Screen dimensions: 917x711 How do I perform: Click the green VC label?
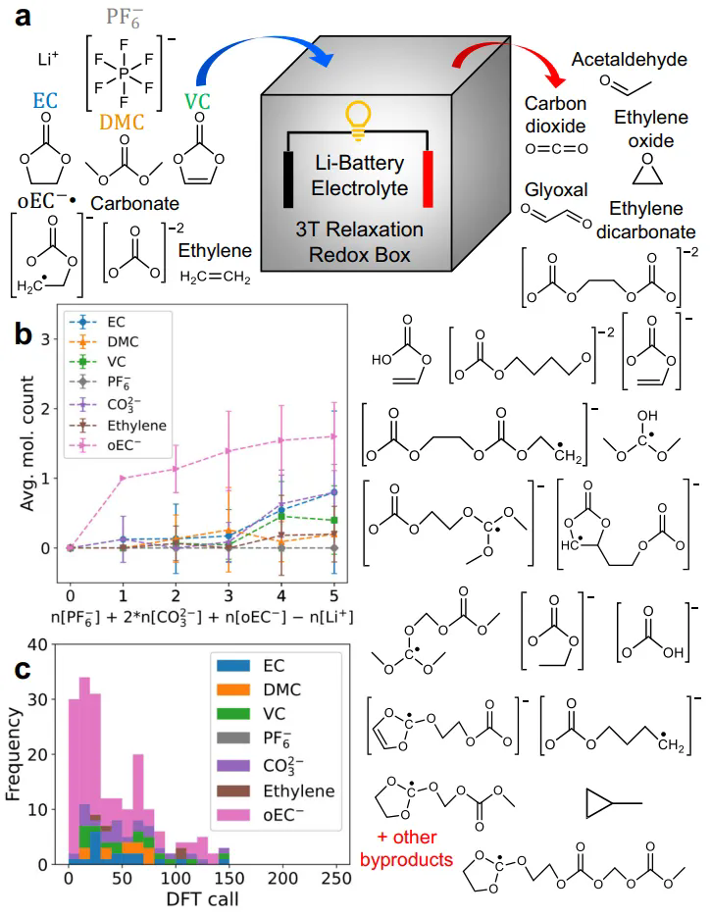pos(197,100)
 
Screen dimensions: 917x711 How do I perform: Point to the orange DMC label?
pos(124,122)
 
